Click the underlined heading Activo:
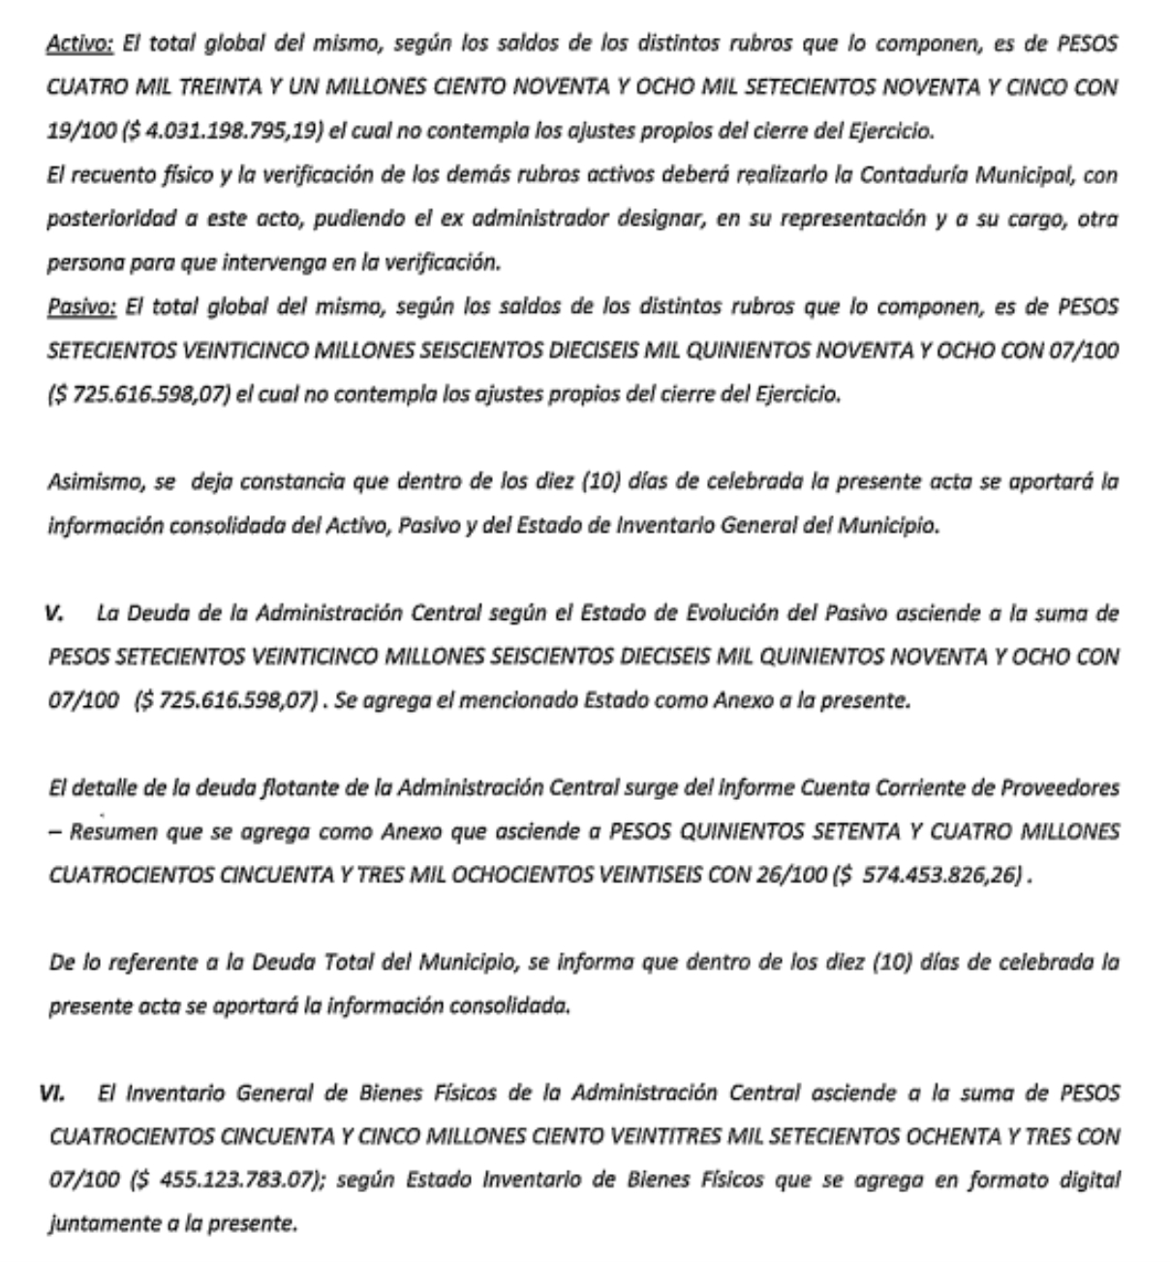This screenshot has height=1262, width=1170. coord(80,45)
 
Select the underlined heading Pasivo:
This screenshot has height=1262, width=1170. coord(81,307)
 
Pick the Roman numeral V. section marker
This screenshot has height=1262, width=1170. coord(55,613)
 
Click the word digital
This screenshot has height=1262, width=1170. coord(1086,1180)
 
